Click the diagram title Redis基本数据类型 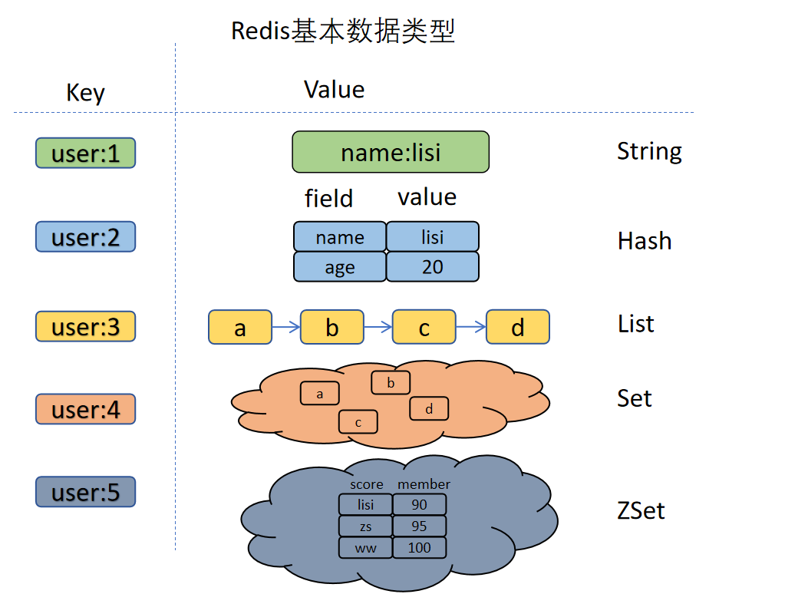(x=343, y=31)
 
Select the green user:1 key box (x=85, y=153)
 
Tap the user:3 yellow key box (x=85, y=326)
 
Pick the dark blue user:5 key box (x=85, y=492)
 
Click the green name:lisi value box (x=391, y=152)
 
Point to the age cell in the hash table (x=340, y=267)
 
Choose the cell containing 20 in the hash (x=433, y=267)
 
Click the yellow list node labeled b (x=331, y=328)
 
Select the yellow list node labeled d (x=518, y=328)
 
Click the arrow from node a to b (x=285, y=328)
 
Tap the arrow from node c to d (x=470, y=328)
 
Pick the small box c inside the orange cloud (x=358, y=421)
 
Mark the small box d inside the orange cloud (x=429, y=408)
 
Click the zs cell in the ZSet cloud (x=365, y=526)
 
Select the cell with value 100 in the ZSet (x=420, y=547)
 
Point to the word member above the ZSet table (x=424, y=484)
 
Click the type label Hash (x=644, y=241)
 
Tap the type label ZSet (x=641, y=510)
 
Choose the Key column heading (x=85, y=93)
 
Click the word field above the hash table (x=328, y=199)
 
